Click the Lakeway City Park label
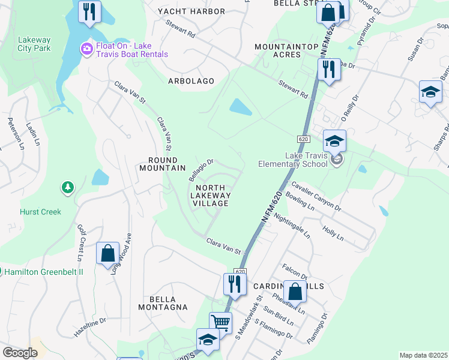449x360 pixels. pyautogui.click(x=34, y=44)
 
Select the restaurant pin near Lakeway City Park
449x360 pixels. pyautogui.click(x=89, y=12)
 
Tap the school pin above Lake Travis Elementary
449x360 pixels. pyautogui.click(x=334, y=142)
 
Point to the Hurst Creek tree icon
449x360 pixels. pyautogui.click(x=68, y=188)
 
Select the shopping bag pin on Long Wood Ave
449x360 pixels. pyautogui.click(x=107, y=254)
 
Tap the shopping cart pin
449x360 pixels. pyautogui.click(x=220, y=323)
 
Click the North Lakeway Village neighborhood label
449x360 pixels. pyautogui.click(x=210, y=195)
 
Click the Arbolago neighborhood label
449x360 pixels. pyautogui.click(x=191, y=80)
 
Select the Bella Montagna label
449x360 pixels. pyautogui.click(x=168, y=303)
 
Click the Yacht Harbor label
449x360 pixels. pyautogui.click(x=191, y=11)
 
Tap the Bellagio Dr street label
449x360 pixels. pyautogui.click(x=201, y=170)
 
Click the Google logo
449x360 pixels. pyautogui.click(x=20, y=353)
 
